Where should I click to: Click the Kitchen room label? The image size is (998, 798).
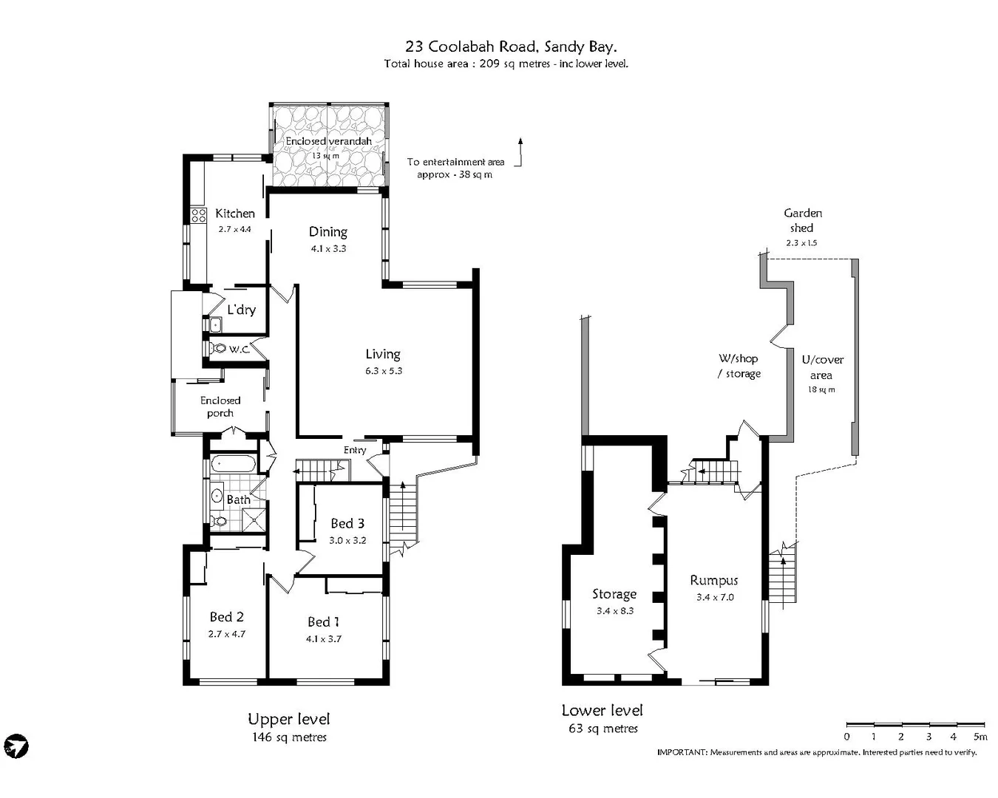coord(234,214)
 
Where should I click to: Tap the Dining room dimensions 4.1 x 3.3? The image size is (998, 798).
coord(328,249)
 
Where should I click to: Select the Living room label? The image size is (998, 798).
coord(383,355)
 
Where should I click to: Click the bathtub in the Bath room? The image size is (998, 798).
coord(234,465)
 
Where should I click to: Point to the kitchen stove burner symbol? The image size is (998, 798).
coord(198,215)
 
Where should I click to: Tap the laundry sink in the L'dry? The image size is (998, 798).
coord(214,324)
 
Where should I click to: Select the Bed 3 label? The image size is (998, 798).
coord(347,524)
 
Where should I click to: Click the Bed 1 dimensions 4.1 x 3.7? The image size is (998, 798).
coord(324,639)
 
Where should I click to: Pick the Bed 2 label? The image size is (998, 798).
coord(226,617)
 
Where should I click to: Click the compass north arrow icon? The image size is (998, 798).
coord(16,746)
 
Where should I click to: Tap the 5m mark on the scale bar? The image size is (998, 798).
coord(980,737)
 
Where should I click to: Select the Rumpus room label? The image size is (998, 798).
coord(714,581)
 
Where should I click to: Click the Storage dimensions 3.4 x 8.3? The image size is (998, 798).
coord(615,611)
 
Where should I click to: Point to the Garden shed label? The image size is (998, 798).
coord(802,220)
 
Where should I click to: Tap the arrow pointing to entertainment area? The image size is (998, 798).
coord(520,151)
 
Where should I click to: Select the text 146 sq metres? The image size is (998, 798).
coord(289,737)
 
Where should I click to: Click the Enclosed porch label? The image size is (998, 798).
coord(220,406)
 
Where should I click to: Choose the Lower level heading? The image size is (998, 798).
coord(602,710)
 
